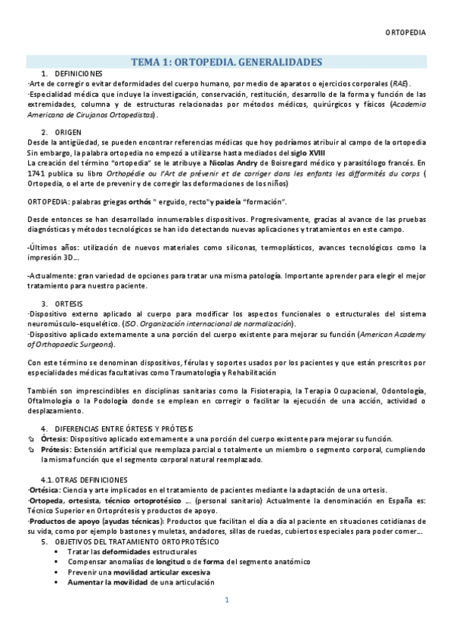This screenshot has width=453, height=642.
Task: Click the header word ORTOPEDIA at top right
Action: [x=405, y=33]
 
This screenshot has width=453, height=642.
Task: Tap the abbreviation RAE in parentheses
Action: [x=400, y=83]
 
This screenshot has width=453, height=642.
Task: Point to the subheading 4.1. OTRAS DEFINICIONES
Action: [x=84, y=480]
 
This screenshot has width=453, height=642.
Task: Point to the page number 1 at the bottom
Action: [x=226, y=622]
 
